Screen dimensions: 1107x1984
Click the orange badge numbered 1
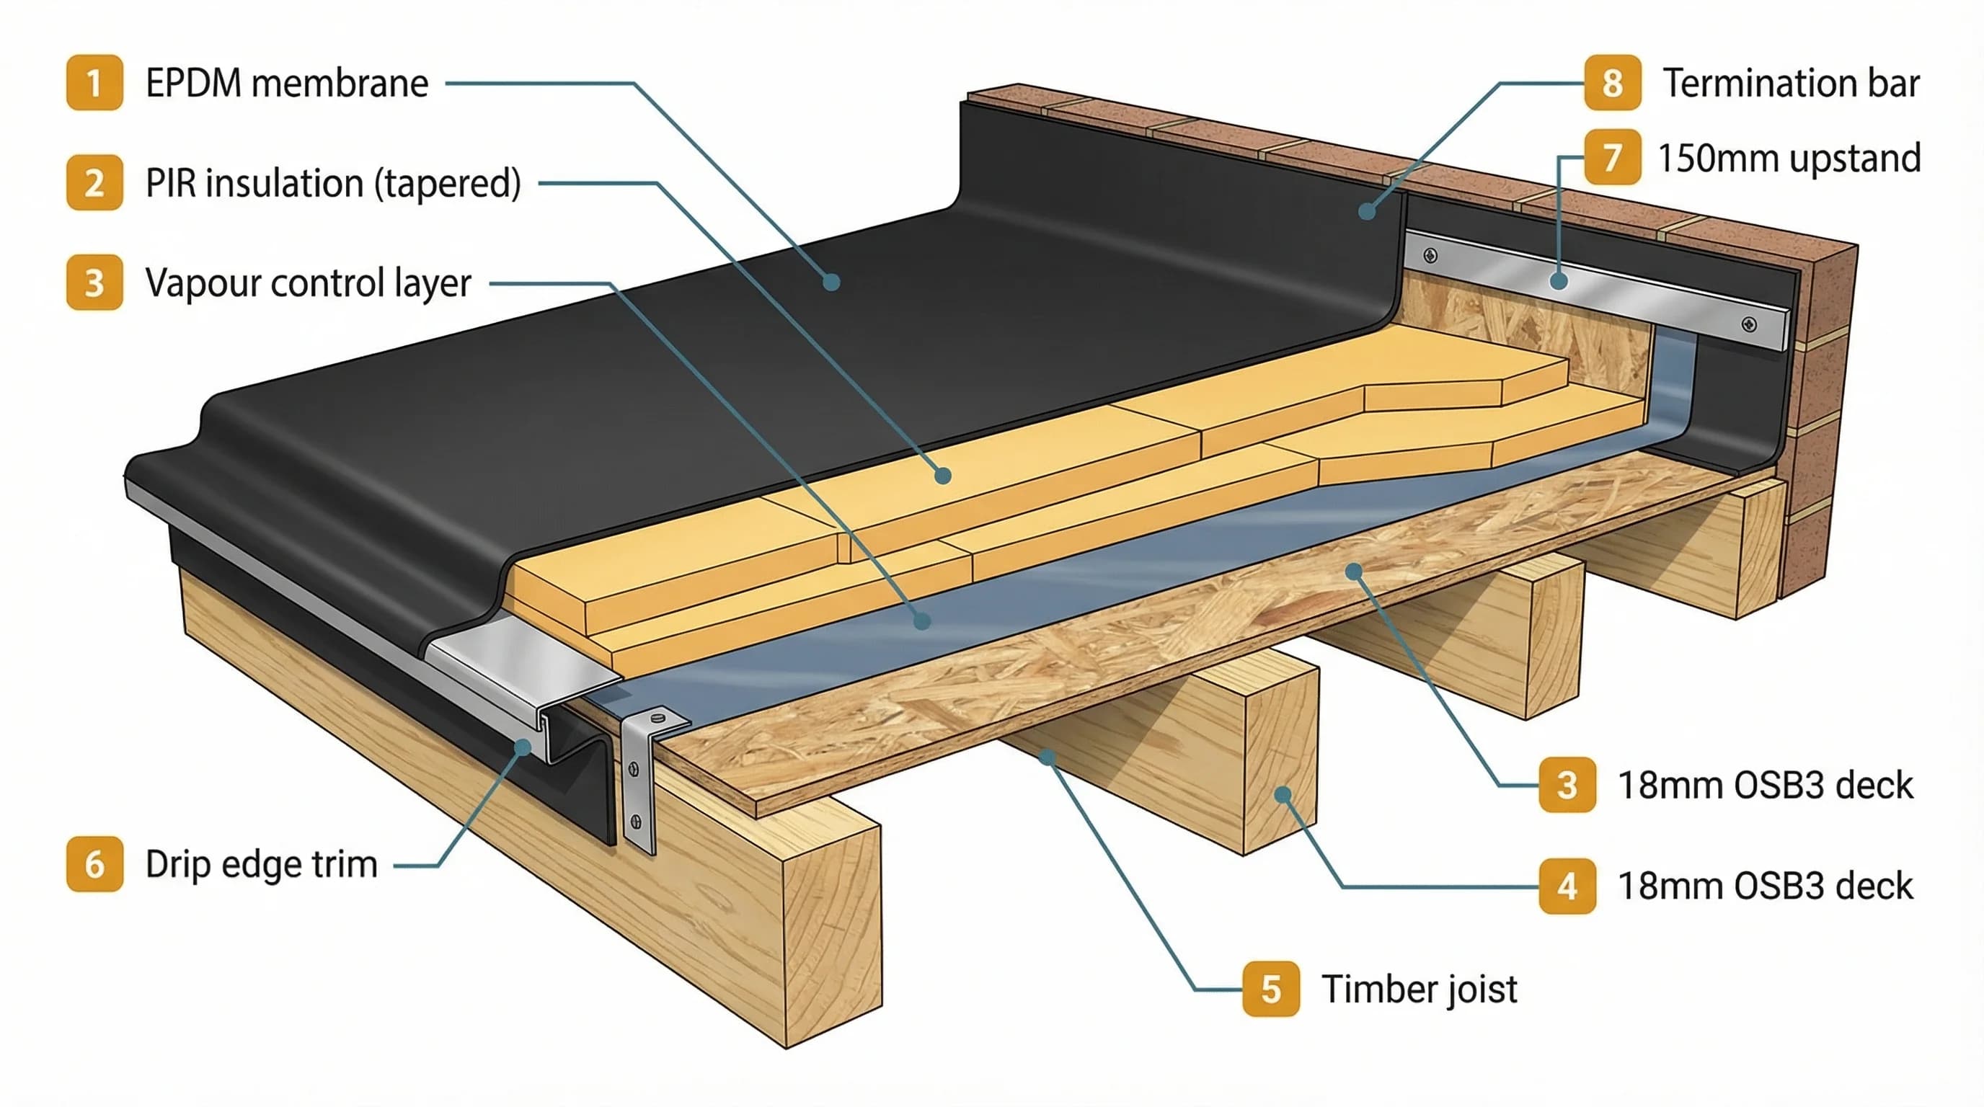94,82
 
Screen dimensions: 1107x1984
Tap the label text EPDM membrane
286,83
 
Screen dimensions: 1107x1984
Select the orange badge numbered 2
94,182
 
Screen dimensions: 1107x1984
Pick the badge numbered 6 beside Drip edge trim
94,863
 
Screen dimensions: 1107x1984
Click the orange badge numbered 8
1612,82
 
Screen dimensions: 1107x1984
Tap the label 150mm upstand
1789,159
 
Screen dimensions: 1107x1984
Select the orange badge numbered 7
1612,158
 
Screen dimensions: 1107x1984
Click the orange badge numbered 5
1271,989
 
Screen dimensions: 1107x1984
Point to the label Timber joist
1419,990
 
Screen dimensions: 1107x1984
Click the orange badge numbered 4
1567,886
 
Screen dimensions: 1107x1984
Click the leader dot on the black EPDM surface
831,282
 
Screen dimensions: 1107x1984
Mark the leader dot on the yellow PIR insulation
943,476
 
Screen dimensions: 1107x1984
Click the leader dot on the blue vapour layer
922,621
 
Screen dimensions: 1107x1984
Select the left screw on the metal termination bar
1430,255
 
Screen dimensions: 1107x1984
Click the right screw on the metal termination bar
1749,324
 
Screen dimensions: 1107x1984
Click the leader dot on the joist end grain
1283,794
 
